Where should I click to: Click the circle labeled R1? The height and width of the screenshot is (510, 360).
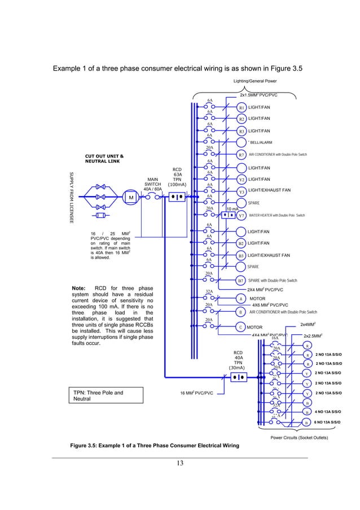point(242,107)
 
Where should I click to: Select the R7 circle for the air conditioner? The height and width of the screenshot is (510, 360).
point(242,154)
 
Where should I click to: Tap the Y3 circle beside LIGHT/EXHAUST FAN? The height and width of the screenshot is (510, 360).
point(242,192)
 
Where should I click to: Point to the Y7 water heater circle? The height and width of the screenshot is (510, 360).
point(242,215)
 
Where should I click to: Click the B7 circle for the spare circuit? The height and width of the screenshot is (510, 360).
point(241,281)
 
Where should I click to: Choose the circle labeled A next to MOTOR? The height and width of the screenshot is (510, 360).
point(241,299)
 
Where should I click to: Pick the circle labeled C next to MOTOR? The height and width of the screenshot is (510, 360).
point(241,327)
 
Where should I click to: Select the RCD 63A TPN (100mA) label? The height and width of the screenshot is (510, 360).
point(177,176)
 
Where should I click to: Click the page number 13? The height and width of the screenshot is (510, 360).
point(179,464)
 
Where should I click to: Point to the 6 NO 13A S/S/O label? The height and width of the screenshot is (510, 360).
point(327,422)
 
